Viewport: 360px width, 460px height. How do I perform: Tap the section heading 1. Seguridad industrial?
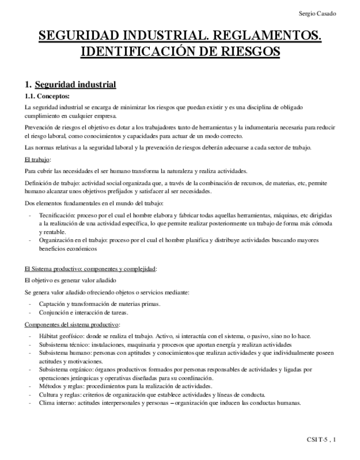(x=71, y=85)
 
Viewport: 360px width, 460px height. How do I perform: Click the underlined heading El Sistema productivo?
(x=90, y=269)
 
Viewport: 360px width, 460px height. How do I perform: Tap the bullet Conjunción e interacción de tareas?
(x=84, y=312)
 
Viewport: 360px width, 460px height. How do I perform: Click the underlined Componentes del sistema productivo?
(x=72, y=324)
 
